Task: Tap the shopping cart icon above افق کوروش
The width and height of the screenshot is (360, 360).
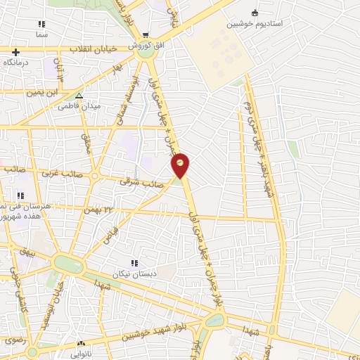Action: [x=146, y=35]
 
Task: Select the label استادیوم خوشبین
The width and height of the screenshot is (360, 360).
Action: [x=255, y=23]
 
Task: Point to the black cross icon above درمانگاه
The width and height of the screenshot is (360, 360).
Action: [x=15, y=52]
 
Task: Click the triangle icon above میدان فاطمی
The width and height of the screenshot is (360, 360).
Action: [x=79, y=95]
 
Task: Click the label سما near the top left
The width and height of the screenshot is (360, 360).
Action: [x=41, y=34]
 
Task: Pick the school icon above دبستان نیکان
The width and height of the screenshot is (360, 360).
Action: [x=134, y=262]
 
